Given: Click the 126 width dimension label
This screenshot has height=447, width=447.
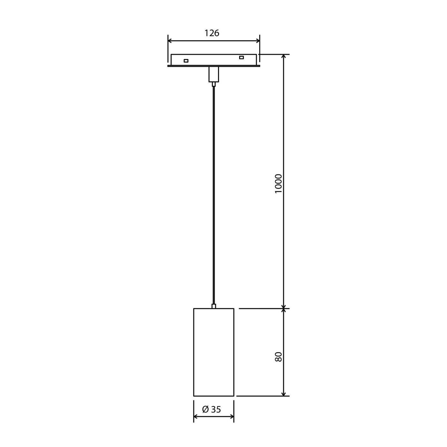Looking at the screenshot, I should [212, 33].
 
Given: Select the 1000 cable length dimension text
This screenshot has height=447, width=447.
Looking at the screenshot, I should [278, 183].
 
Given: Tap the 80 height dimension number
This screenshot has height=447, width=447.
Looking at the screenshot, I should [278, 357].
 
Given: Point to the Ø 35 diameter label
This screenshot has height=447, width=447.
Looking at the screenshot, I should [212, 409].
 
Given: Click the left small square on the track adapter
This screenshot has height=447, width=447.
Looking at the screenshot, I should [186, 61].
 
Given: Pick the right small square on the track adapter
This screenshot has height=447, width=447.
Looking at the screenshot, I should [241, 57].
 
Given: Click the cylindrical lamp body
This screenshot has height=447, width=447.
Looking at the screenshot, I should [214, 352].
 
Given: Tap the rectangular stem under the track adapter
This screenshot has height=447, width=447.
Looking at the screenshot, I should [213, 74].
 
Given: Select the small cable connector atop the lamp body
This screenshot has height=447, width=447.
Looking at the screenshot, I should [214, 307].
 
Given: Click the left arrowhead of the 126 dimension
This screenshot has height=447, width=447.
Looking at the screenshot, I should [170, 41].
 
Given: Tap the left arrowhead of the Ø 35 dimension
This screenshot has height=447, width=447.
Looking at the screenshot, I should [196, 417].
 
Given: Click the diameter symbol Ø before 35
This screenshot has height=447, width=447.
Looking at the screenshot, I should [205, 409].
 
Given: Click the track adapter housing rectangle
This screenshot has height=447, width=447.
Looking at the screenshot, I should [213, 60].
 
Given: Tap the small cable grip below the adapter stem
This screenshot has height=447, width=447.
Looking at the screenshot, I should [213, 84].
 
